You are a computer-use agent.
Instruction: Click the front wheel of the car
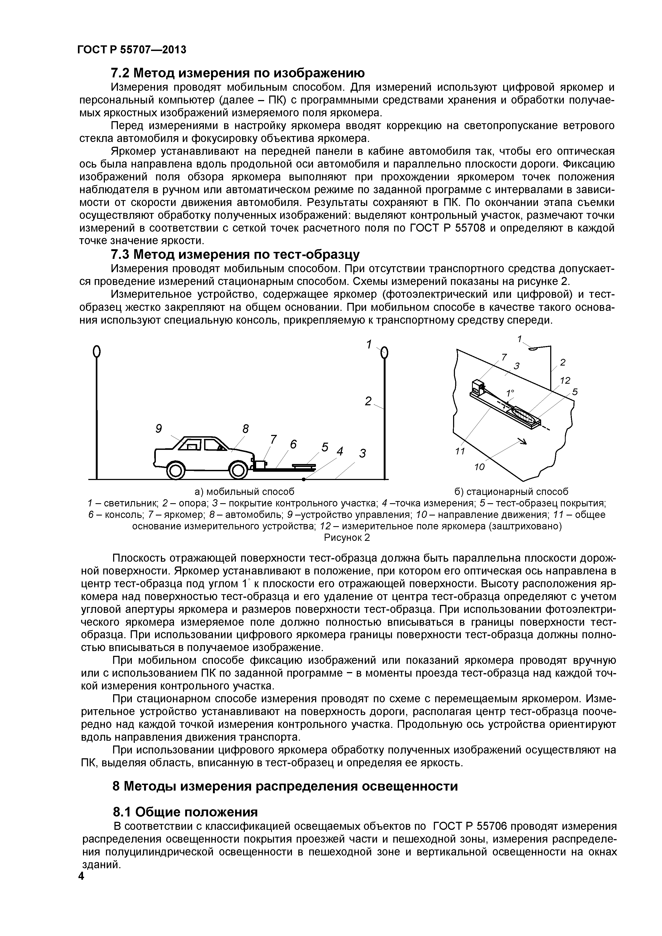(238, 470)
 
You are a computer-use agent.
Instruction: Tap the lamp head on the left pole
(97, 351)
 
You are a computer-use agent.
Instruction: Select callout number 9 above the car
(158, 429)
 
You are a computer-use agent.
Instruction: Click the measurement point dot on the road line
(304, 479)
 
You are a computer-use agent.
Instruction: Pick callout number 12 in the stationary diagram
(565, 380)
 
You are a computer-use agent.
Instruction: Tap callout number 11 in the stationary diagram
(460, 451)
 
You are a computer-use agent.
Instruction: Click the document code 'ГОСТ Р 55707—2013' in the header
(132, 50)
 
